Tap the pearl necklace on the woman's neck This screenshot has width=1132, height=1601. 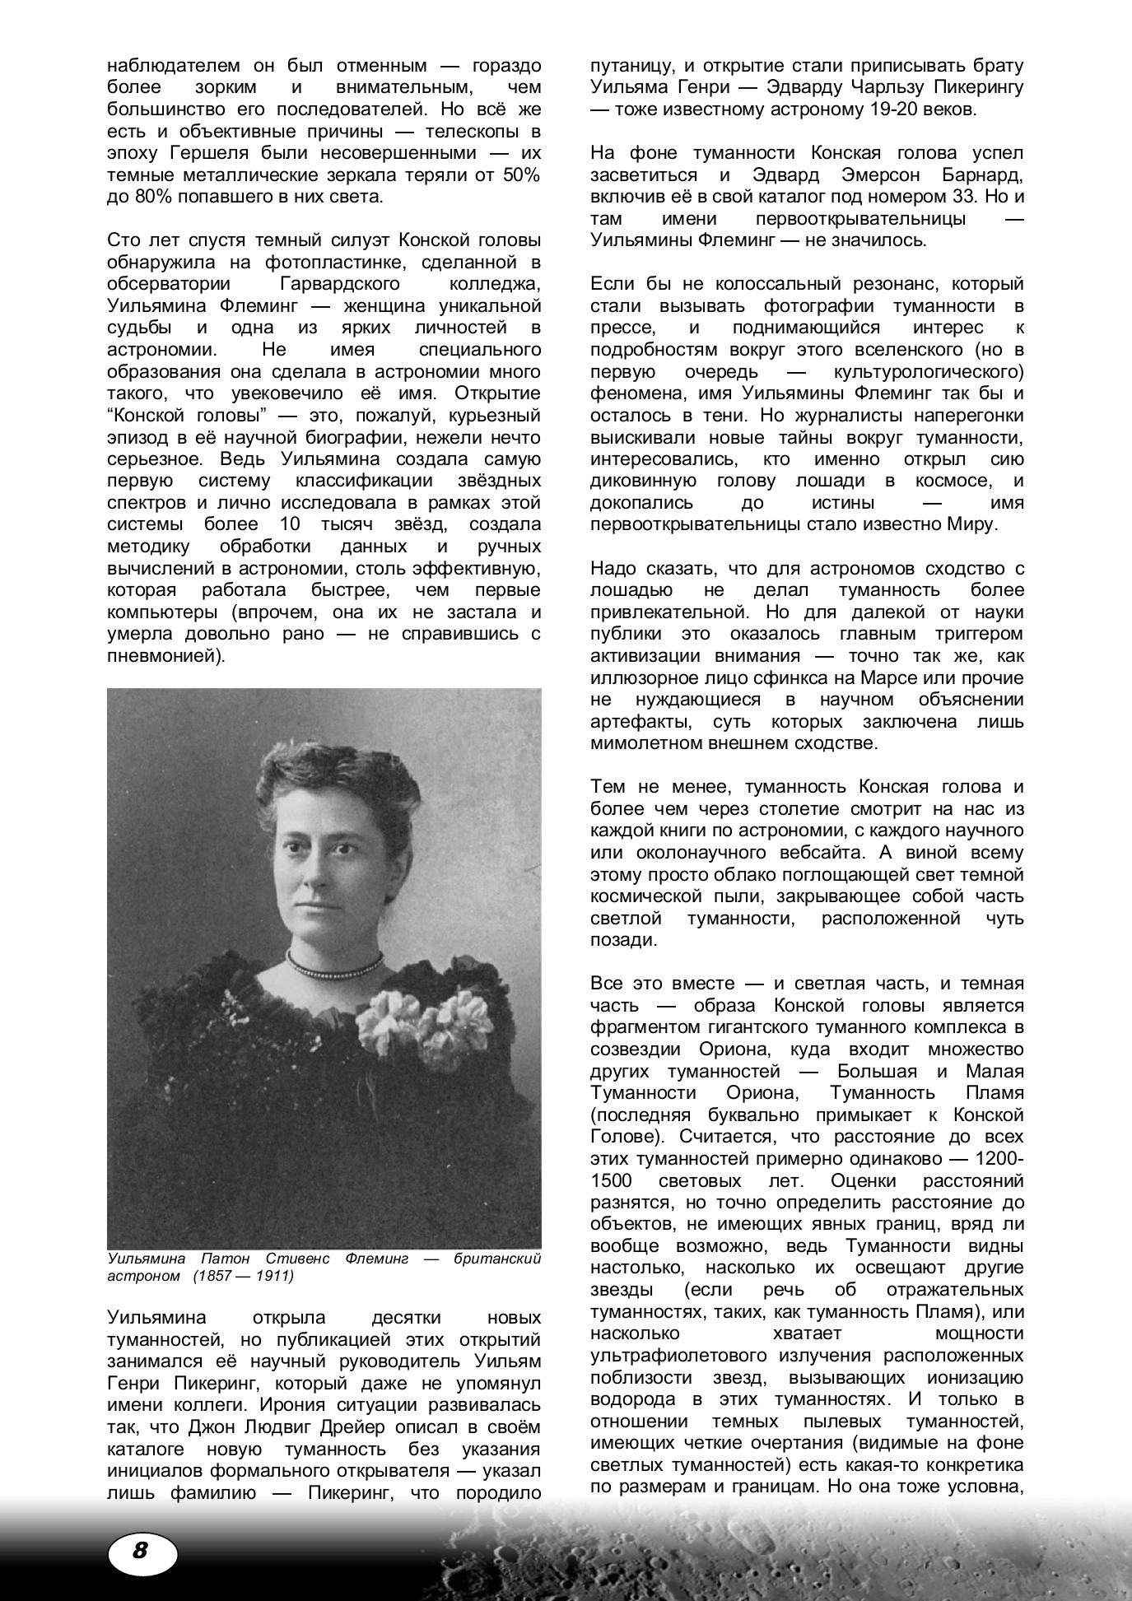[x=334, y=961]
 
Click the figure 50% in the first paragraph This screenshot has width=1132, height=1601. [x=522, y=175]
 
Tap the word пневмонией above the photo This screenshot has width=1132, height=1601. [x=161, y=656]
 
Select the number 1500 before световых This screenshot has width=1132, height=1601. [x=612, y=1180]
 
